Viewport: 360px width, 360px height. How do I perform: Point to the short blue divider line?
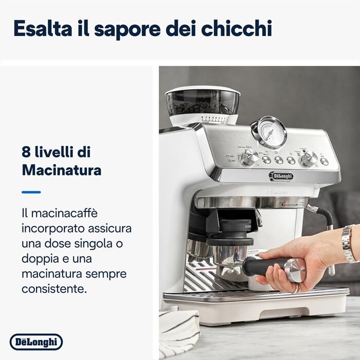coord(31,192)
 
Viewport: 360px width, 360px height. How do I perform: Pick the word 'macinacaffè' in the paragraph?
coord(61,212)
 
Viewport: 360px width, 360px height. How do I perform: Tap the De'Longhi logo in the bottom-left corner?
coord(36,341)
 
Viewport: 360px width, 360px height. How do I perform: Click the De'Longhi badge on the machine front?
coord(281,176)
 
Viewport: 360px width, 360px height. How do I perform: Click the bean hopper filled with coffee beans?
coord(203,102)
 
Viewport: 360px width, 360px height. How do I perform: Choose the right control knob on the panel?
coord(309,158)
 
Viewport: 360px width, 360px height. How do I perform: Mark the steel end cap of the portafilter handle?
coord(295,270)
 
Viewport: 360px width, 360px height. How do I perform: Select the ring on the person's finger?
coord(297,289)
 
